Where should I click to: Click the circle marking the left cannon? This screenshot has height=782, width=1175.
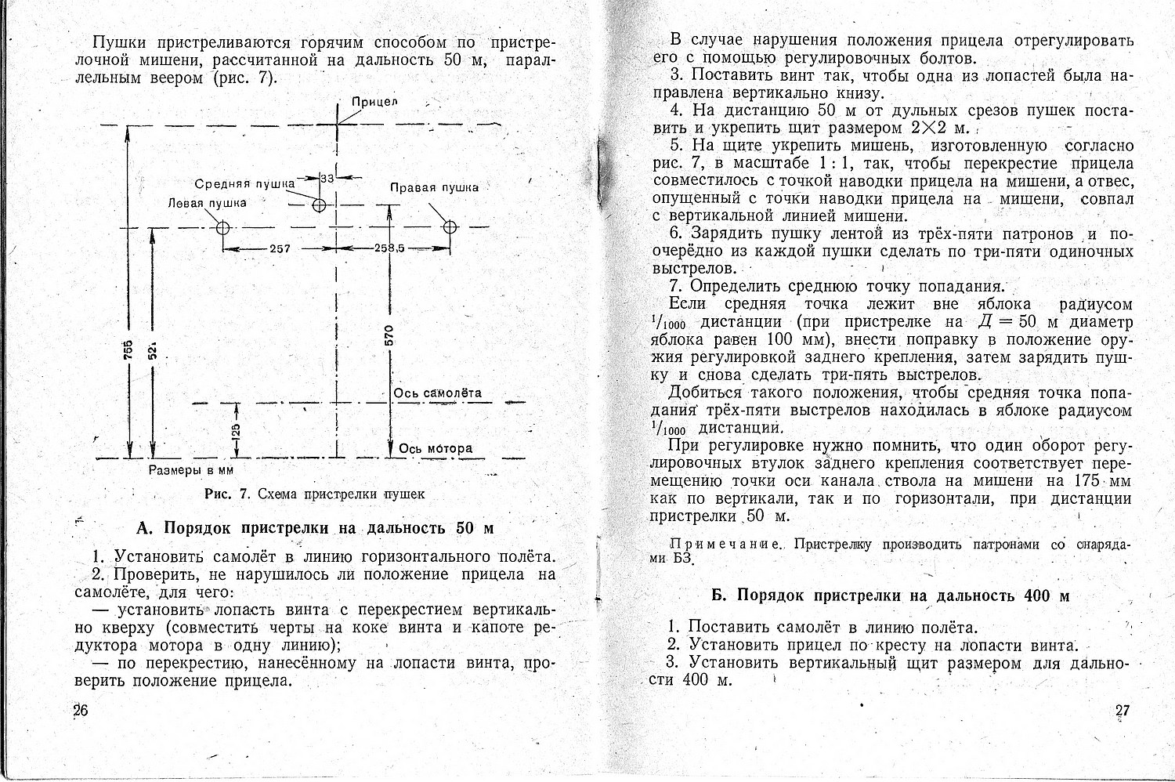222,228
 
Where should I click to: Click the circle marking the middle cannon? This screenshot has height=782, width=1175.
319,205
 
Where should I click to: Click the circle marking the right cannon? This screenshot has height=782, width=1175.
450,227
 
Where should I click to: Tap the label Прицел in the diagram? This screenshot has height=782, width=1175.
374,102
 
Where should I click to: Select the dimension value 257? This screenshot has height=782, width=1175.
280,249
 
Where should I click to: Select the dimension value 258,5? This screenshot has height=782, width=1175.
389,248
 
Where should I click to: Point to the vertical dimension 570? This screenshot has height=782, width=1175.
389,334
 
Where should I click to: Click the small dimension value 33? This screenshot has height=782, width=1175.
327,178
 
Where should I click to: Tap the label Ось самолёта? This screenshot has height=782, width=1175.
438,393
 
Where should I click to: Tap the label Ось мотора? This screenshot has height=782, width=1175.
436,448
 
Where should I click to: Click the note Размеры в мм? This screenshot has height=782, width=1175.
191,470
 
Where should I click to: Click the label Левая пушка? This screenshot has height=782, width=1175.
207,203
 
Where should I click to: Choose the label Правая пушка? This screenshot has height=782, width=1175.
434,187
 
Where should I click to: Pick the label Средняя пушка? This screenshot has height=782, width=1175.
244,183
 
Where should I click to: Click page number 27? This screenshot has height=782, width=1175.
1122,711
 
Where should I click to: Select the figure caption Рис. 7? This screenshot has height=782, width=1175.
226,494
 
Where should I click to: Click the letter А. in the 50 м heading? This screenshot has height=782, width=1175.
143,527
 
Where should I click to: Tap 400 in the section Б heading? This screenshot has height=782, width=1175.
1036,596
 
